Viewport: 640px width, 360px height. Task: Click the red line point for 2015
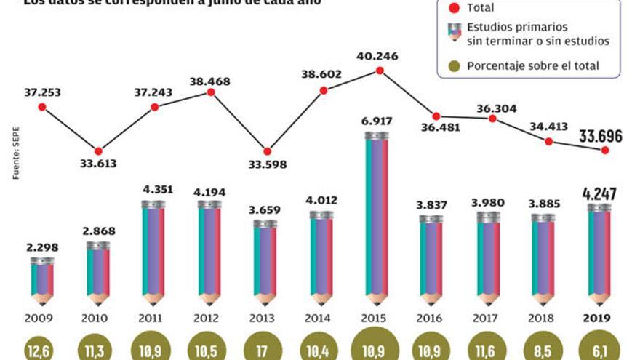pos(380,71)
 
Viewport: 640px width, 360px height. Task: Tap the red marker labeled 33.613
pos(98,151)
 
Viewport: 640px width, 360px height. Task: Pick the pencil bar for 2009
pos(42,280)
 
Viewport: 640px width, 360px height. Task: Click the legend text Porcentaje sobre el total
pos(533,65)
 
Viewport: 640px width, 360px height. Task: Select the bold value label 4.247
pos(599,195)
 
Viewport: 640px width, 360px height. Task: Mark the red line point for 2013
pos(267,151)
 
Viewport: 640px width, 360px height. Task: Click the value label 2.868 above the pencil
pos(98,231)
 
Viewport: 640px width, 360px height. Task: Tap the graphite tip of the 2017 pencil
pos(489,303)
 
